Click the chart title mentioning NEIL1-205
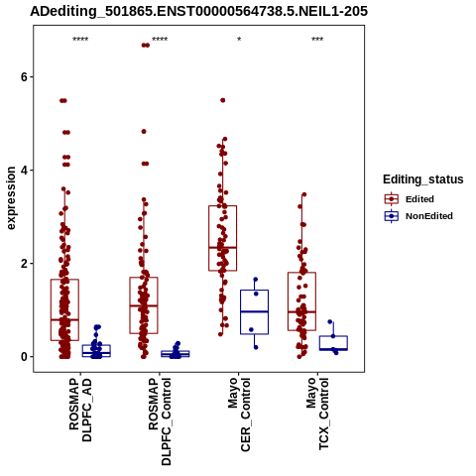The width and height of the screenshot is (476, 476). [x=198, y=11]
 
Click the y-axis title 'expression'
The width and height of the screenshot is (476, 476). [x=11, y=198]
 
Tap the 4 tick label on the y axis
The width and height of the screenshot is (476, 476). [x=24, y=171]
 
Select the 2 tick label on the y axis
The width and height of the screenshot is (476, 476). [x=24, y=264]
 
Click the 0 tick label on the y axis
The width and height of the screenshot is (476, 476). [x=24, y=357]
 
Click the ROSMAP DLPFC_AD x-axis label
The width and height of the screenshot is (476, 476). [x=80, y=410]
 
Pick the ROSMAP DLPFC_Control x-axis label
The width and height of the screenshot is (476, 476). [x=160, y=421]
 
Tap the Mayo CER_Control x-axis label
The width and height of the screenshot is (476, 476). [x=239, y=415]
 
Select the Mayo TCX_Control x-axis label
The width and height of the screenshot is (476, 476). [x=317, y=414]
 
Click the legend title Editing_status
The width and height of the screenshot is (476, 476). [x=423, y=179]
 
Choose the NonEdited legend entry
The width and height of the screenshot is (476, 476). [x=418, y=216]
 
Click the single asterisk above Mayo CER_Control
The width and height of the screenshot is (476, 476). [x=239, y=40]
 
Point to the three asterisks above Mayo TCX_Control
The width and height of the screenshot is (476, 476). [x=317, y=40]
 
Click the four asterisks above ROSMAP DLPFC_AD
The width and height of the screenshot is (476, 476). [x=80, y=40]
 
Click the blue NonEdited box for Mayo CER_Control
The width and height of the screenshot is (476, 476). [x=254, y=291]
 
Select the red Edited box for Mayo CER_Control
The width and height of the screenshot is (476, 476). [x=222, y=206]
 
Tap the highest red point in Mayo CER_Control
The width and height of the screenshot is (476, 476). [x=223, y=100]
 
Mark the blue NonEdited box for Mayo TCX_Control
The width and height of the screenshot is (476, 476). [x=333, y=336]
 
